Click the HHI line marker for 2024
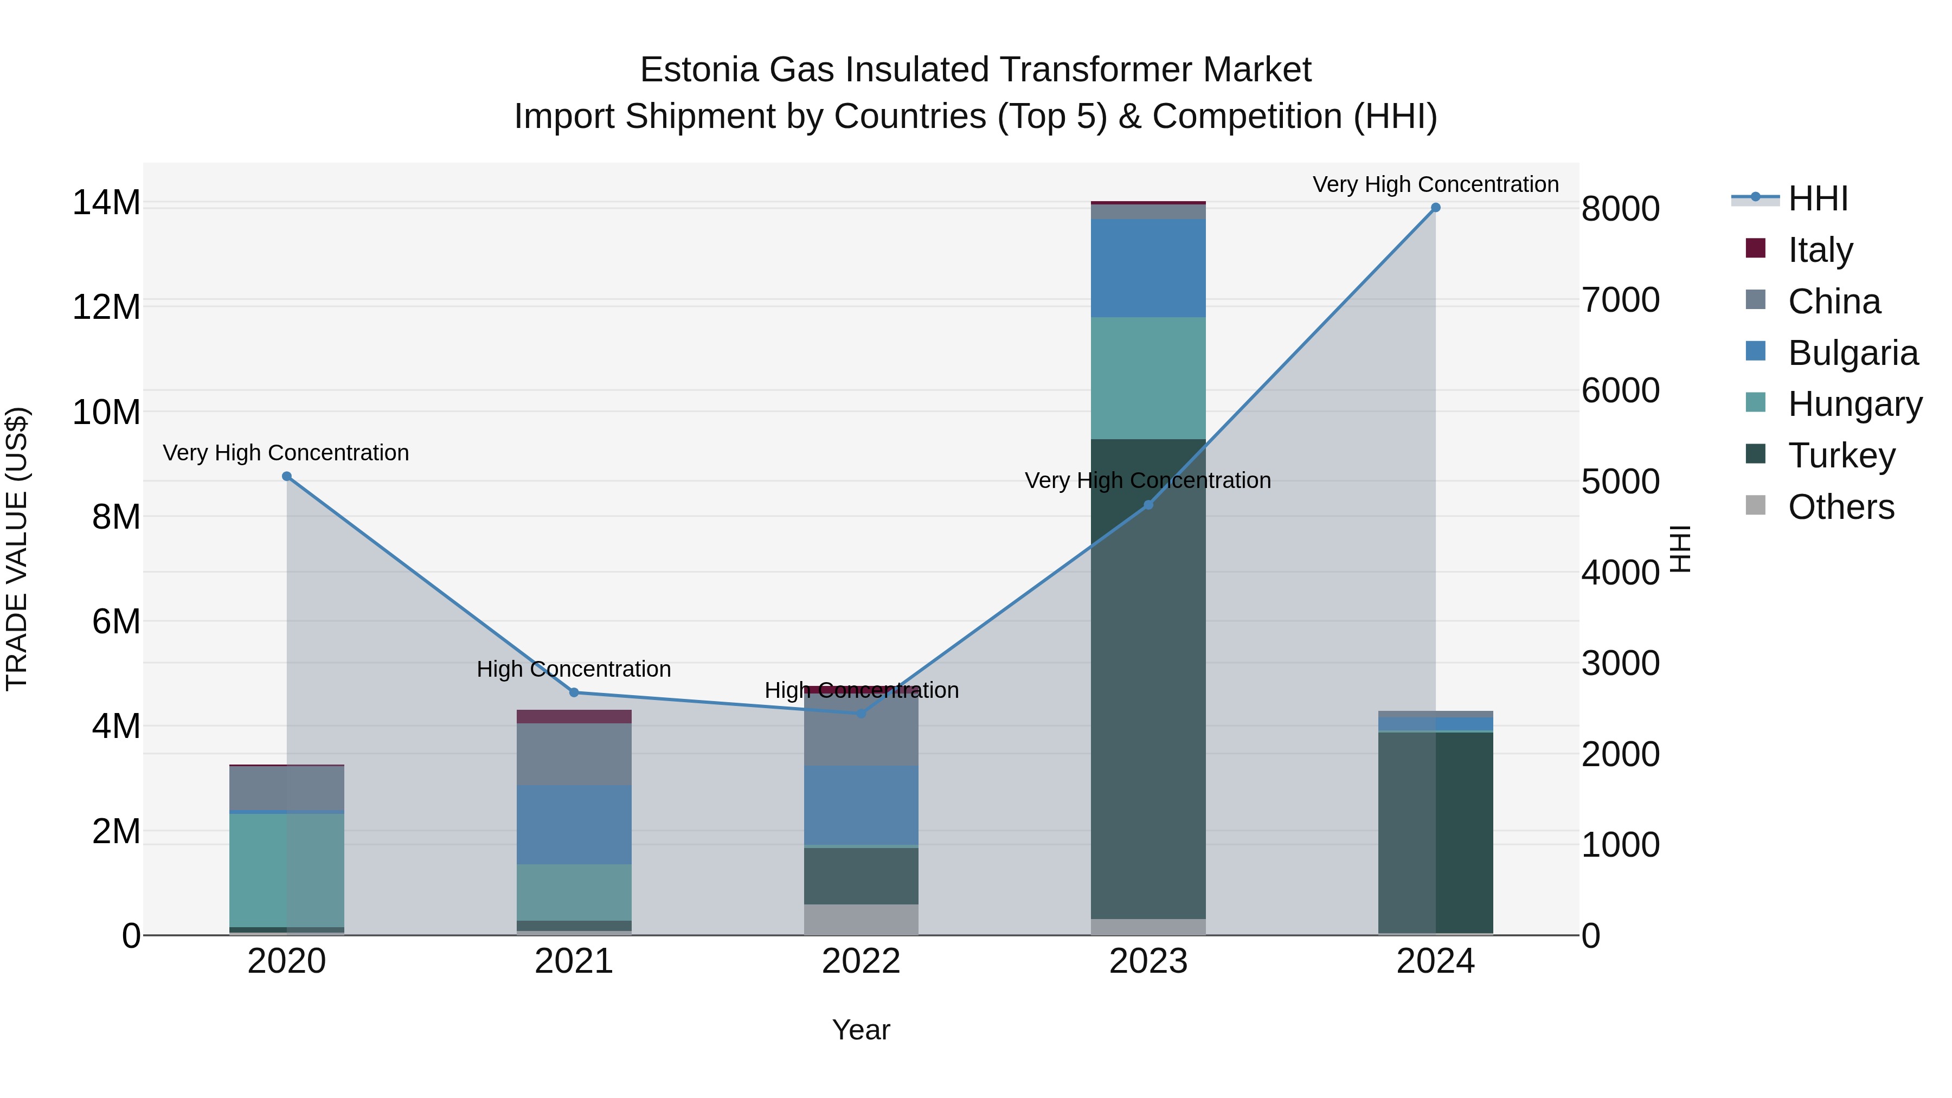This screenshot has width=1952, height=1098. [x=1435, y=208]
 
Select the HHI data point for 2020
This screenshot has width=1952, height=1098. [x=286, y=477]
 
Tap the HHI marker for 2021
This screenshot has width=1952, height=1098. [x=574, y=692]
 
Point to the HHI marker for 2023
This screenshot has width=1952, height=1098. [x=1148, y=505]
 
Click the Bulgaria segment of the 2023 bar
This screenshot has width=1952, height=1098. [x=1148, y=268]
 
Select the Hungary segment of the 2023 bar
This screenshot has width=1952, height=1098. [x=1148, y=378]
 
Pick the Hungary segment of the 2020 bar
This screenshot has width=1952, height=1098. [x=286, y=870]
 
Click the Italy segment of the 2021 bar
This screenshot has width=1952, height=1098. [x=574, y=717]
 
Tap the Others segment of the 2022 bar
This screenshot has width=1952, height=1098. [x=861, y=919]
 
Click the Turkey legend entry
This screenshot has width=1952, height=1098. [x=1841, y=455]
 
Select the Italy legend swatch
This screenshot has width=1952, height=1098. [x=1755, y=248]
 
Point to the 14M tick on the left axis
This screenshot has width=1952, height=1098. [x=106, y=203]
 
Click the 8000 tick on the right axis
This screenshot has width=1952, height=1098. [x=1620, y=209]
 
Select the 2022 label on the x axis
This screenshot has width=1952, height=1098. [x=861, y=961]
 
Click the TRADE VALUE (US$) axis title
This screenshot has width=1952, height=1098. [x=17, y=549]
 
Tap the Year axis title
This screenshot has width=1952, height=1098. [x=861, y=1030]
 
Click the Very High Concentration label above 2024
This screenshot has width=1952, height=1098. [x=1435, y=184]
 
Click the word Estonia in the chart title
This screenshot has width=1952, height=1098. [x=699, y=70]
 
